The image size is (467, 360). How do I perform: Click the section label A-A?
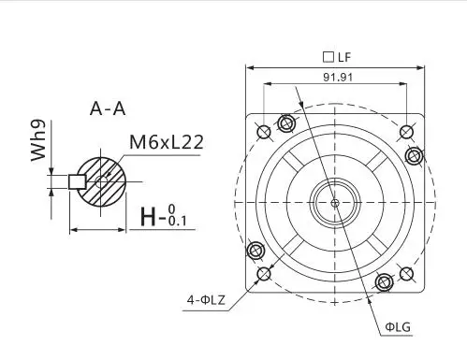tap(108, 109)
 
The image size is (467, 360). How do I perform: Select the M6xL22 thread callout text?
tap(167, 143)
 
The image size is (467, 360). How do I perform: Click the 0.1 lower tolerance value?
tap(179, 222)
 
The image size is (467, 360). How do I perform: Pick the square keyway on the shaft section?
tap(78, 180)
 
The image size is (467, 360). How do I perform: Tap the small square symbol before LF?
tap(326, 57)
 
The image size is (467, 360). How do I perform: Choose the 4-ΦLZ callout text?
tap(206, 300)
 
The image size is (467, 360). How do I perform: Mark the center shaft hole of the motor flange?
tap(334, 201)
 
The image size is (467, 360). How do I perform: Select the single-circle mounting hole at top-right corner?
tap(405, 130)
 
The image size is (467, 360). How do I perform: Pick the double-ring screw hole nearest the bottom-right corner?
tap(383, 281)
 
